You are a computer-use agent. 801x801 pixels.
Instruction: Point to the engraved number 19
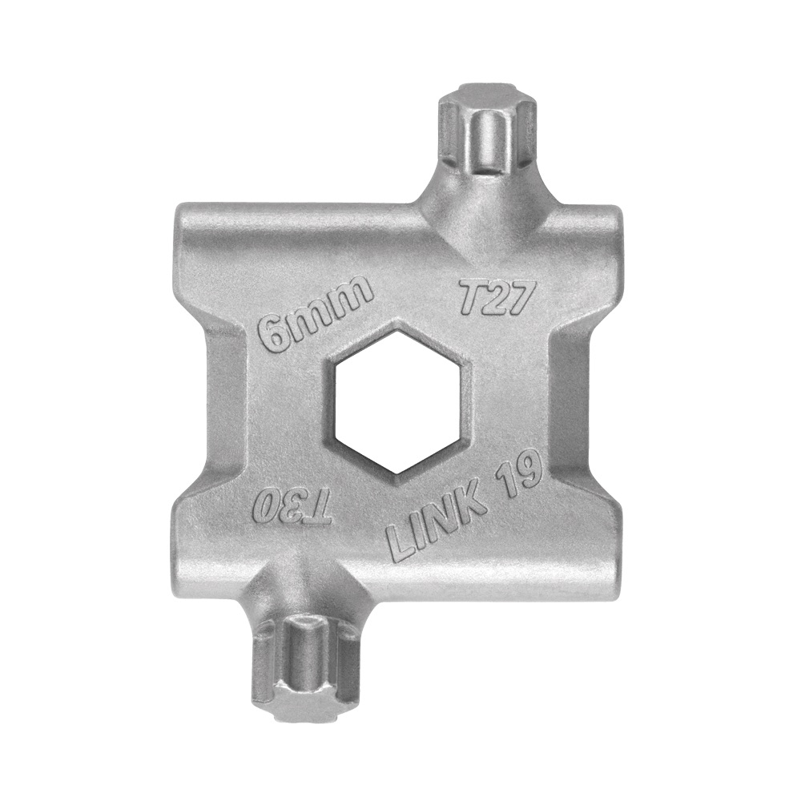coord(518,473)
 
